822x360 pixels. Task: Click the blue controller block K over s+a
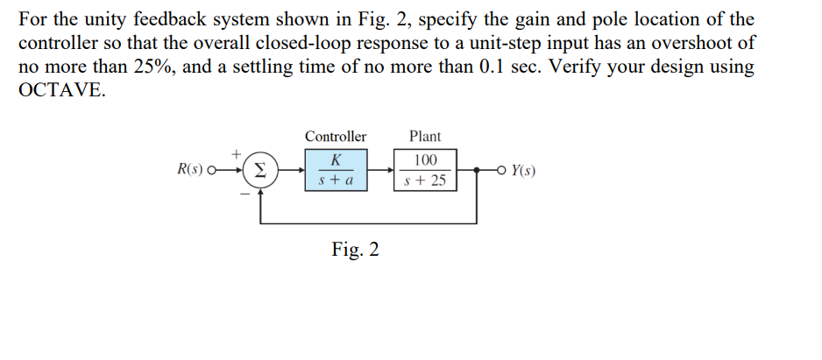(x=336, y=169)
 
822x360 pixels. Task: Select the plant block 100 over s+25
(x=426, y=169)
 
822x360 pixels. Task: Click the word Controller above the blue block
(x=336, y=137)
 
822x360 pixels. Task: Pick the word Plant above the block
(x=425, y=137)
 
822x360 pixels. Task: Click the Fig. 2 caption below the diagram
(x=356, y=251)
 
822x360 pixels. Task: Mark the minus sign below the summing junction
(x=246, y=194)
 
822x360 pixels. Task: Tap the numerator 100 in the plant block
(x=426, y=160)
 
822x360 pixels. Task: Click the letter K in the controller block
(x=336, y=160)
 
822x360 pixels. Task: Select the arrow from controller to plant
(x=380, y=170)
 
